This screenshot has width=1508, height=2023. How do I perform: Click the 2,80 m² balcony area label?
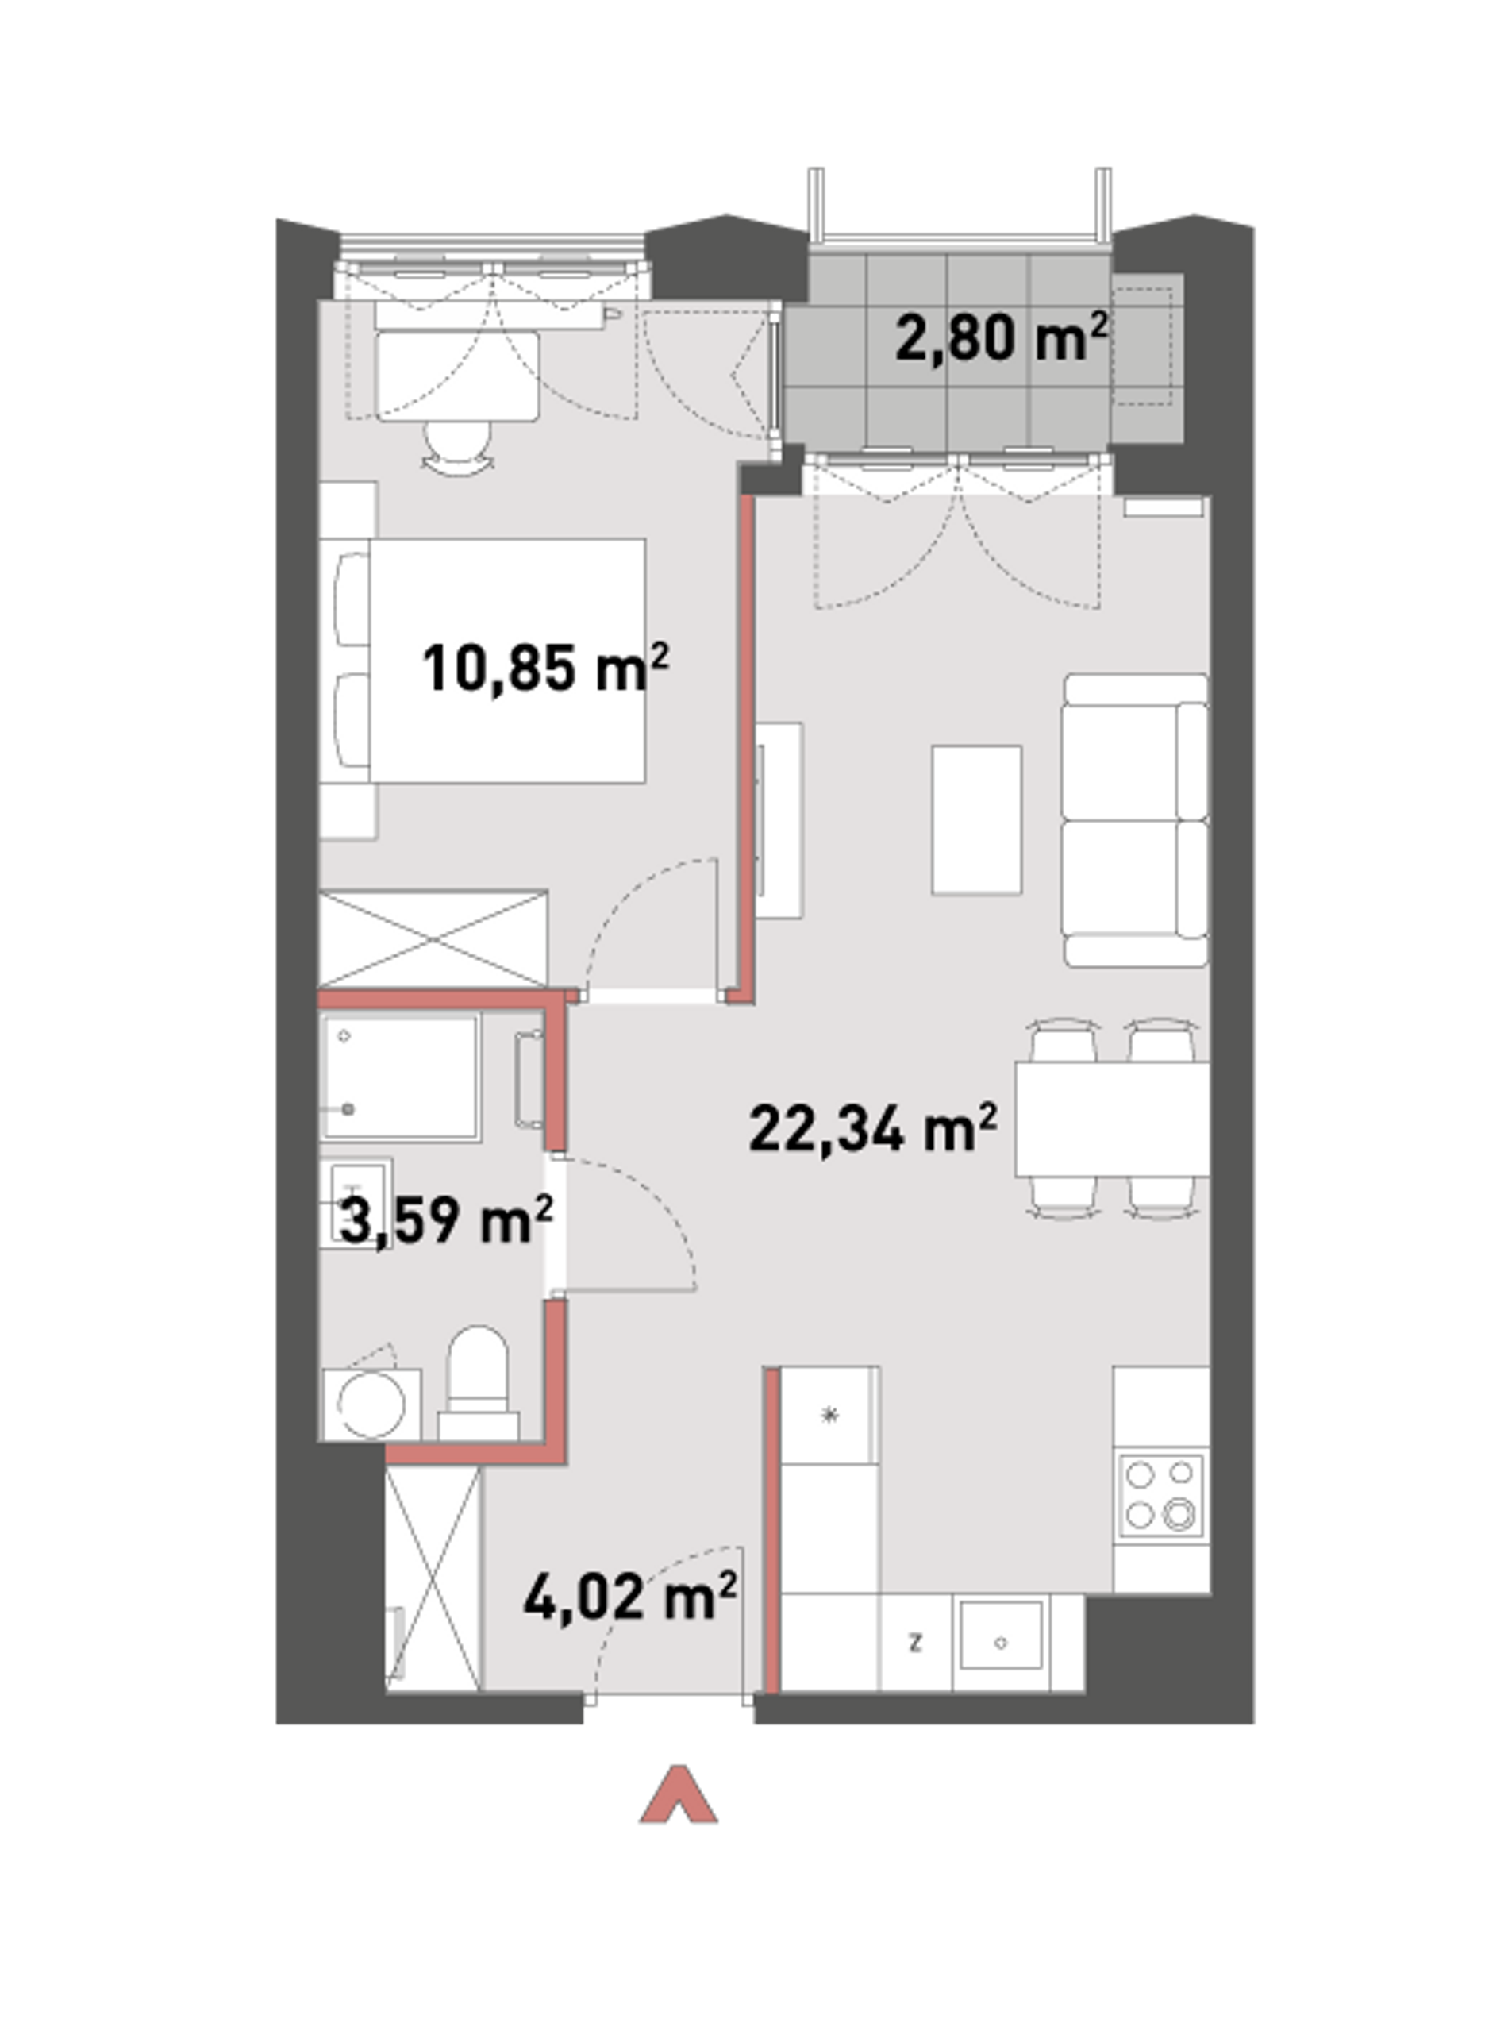[x=1001, y=337]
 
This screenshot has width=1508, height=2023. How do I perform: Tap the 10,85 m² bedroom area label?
[x=545, y=669]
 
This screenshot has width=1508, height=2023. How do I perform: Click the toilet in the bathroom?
[x=478, y=1383]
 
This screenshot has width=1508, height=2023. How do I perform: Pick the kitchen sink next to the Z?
[x=1001, y=1643]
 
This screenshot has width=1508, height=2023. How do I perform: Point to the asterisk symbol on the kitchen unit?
[x=829, y=1416]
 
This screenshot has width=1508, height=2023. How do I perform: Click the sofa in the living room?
[x=1136, y=820]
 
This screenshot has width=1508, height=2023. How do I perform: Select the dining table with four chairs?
[x=1112, y=1119]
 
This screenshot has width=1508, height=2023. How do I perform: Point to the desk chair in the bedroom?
[x=457, y=445]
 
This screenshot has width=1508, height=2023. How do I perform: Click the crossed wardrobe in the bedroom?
[x=433, y=939]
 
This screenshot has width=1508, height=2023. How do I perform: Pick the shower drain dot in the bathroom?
[x=348, y=1109]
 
